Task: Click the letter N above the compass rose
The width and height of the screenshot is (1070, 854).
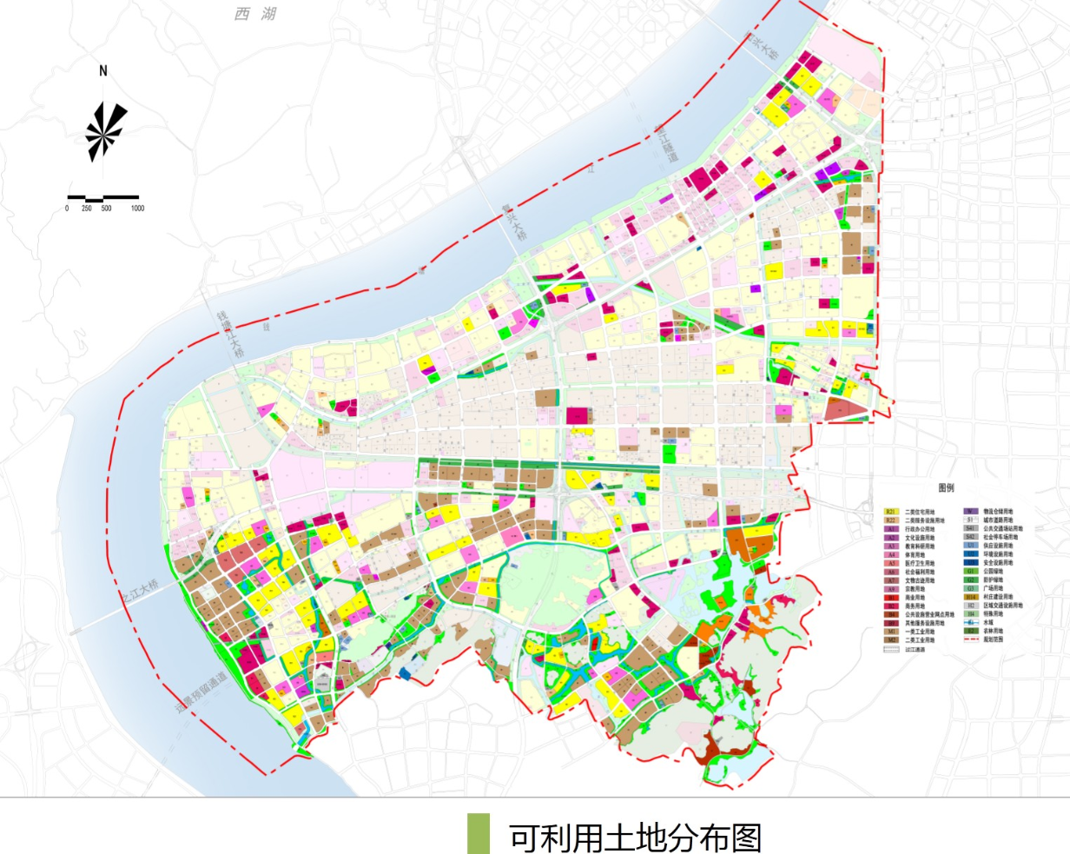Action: tap(103, 71)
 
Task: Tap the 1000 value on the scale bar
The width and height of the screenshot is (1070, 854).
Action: tap(137, 209)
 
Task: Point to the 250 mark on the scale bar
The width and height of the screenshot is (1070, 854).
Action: tap(87, 209)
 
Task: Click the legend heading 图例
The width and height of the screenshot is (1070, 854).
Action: tap(946, 488)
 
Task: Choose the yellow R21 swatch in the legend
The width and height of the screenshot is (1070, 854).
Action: tap(891, 513)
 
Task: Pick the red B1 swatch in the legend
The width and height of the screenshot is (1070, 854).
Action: tap(891, 598)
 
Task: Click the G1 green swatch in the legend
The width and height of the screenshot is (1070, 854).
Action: tap(970, 572)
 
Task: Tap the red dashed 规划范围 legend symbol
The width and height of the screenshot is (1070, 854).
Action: tap(970, 639)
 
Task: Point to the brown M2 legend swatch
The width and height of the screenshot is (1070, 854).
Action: tap(891, 640)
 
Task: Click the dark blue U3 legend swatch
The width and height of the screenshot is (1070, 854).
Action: tap(970, 563)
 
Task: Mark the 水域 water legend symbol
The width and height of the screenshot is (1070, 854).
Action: tap(970, 623)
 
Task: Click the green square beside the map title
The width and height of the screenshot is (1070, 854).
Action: tap(478, 834)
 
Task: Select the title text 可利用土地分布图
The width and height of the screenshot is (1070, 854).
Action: tap(635, 837)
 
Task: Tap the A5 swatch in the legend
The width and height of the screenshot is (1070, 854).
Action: tap(891, 564)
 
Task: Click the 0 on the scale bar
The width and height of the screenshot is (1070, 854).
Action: tap(67, 209)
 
